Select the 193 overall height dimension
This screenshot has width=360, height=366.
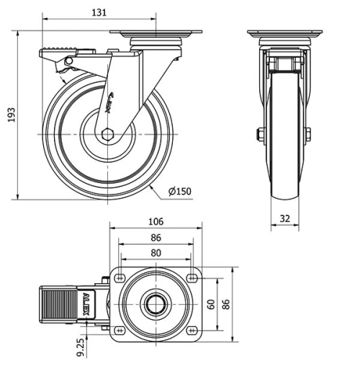[11, 115]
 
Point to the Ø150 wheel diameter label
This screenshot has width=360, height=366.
[179, 191]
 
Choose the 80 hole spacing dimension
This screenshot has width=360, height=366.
[156, 253]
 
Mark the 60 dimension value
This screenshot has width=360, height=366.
[211, 303]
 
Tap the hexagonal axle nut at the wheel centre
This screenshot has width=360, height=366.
[107, 134]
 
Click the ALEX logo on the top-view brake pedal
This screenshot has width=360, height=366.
[87, 303]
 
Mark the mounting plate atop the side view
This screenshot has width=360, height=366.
[156, 35]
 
